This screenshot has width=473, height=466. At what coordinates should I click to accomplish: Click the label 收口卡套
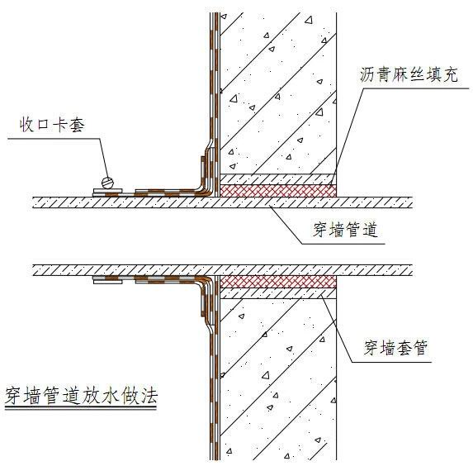[x=52, y=125]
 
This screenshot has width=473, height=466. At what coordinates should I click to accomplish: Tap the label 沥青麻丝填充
[x=409, y=74]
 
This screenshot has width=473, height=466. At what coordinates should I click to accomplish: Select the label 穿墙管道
[x=345, y=230]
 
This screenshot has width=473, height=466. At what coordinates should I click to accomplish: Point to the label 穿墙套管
[x=395, y=348]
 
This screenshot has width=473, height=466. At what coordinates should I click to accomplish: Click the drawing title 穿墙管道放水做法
[x=82, y=395]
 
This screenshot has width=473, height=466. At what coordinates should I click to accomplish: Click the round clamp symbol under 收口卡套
[x=107, y=183]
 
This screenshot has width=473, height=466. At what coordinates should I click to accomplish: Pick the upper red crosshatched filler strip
[x=278, y=191]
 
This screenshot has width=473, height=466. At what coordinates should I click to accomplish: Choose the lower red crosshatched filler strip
[x=278, y=282]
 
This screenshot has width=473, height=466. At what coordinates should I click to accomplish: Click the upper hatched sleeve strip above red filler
[x=278, y=179]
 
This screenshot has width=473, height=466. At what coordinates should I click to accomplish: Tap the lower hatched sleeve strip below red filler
[x=278, y=293]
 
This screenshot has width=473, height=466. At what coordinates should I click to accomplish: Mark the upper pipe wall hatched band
[x=223, y=202]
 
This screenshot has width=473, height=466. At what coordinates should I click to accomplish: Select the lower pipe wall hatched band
[x=223, y=270]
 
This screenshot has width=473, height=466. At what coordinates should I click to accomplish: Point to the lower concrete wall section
[x=278, y=380]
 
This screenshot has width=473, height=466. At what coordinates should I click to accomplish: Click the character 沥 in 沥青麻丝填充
[x=367, y=74]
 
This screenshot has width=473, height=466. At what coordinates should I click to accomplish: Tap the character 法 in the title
[x=149, y=395]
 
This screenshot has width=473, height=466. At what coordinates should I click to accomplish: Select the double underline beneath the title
[x=81, y=408]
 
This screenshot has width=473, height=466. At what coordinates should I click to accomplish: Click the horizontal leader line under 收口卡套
[x=54, y=139]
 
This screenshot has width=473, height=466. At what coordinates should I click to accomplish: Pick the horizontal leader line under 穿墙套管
[x=392, y=362]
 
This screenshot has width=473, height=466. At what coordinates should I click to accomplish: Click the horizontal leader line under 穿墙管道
[x=343, y=244]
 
